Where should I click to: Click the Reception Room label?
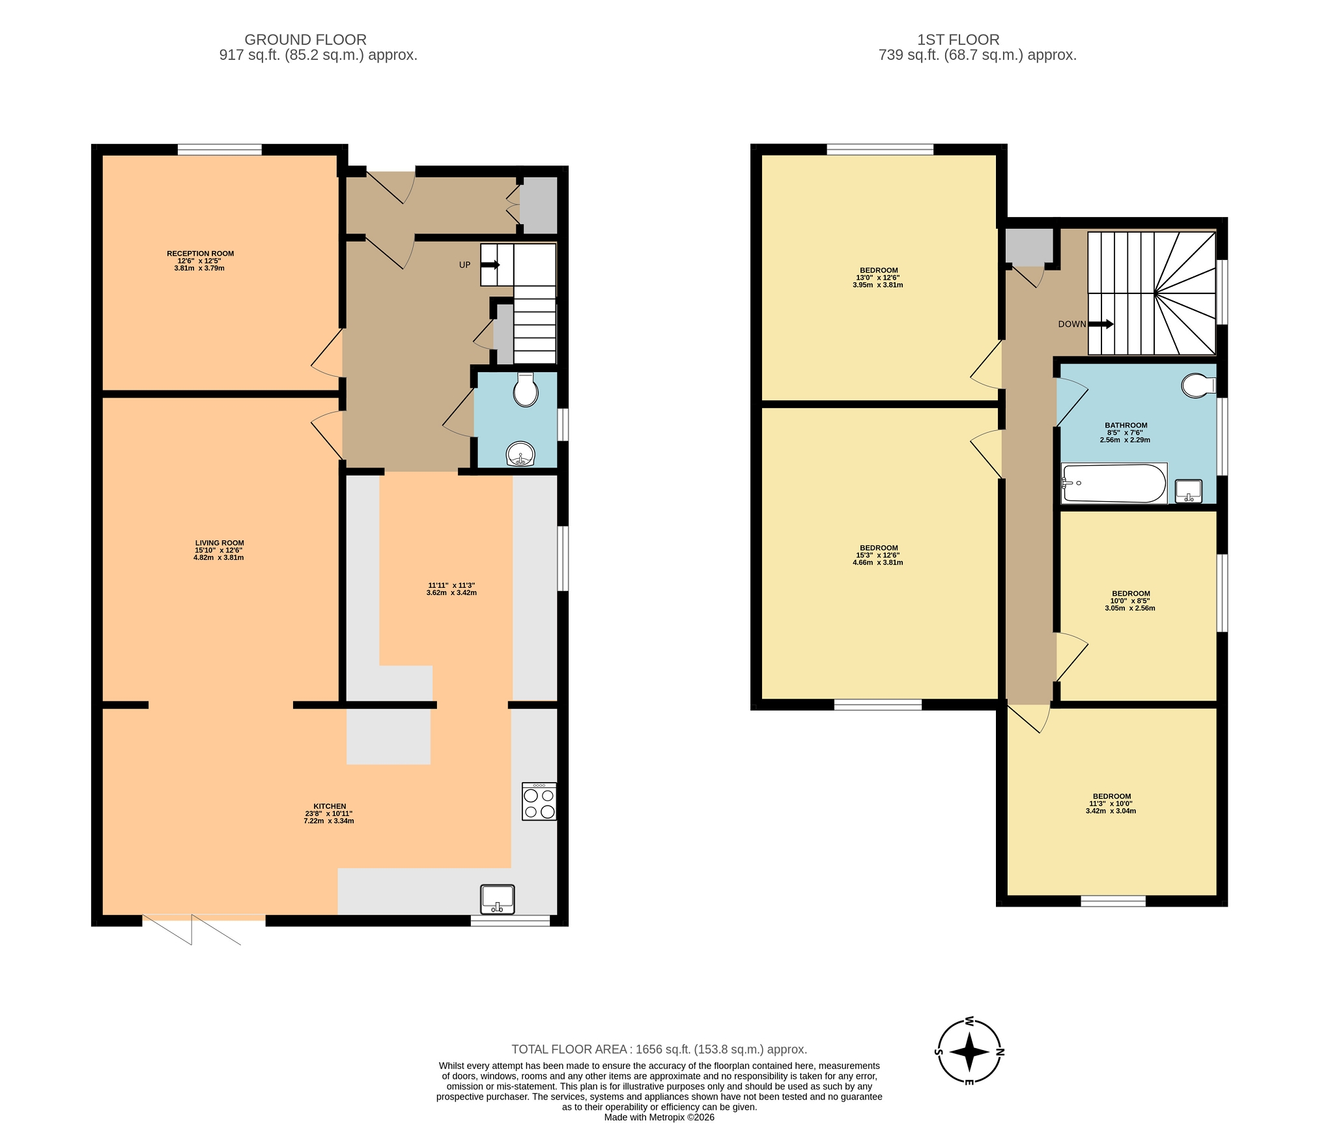coord(200,254)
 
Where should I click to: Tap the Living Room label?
coord(220,543)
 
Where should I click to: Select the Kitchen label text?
coord(330,806)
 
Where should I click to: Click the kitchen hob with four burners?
coord(539,801)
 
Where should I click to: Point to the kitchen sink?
coord(498,899)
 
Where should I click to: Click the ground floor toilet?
coord(526,390)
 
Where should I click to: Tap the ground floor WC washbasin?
coord(520,454)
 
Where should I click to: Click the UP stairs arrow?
coord(490,265)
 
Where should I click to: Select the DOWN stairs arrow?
coord(1101,324)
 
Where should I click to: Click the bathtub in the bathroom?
coord(1114,483)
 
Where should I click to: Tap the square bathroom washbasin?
coord(1189,491)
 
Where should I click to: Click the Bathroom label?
coord(1126,426)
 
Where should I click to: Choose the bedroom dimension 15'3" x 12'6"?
coord(878,555)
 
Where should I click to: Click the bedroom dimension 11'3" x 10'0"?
coord(1111,804)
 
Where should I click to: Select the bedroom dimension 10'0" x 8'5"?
coord(1130,601)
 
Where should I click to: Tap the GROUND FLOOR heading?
coord(305,40)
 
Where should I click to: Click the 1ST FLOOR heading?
coord(958,40)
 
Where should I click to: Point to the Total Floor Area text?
coord(659,1049)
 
